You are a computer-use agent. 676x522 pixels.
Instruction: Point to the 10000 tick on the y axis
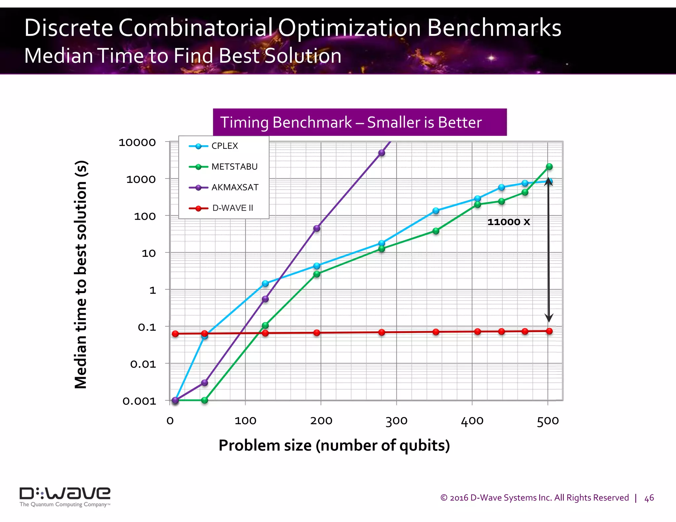(x=137, y=143)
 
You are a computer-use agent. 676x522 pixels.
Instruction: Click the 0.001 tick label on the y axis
(x=139, y=401)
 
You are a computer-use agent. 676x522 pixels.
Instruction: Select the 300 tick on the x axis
(x=396, y=421)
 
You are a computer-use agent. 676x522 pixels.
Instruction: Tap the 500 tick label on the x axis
(x=548, y=421)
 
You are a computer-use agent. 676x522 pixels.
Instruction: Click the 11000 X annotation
(x=509, y=222)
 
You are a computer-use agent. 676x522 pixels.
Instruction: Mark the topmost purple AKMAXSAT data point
(x=382, y=153)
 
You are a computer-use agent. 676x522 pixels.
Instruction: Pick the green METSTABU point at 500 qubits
(x=549, y=167)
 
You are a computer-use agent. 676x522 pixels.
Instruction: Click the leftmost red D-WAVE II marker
(x=175, y=334)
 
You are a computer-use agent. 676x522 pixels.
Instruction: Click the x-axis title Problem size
(x=334, y=445)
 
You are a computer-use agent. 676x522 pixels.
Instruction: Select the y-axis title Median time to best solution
(x=81, y=275)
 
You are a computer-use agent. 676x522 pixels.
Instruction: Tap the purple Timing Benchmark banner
(x=359, y=122)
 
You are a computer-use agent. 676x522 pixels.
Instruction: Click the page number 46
(x=649, y=498)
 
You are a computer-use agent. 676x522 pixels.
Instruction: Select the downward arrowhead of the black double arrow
(x=549, y=318)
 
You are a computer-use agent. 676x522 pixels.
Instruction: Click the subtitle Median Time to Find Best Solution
(x=183, y=55)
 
